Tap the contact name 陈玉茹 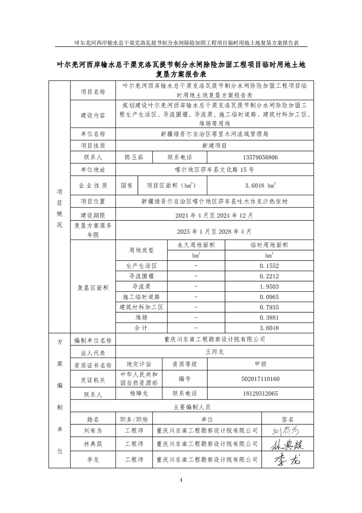(x=134, y=157)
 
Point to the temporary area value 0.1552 (x=269, y=266)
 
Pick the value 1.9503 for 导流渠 (x=269, y=286)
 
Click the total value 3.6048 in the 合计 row (x=269, y=328)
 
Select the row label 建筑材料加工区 (x=142, y=307)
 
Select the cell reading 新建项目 (x=215, y=145)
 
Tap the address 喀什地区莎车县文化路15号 (x=215, y=169)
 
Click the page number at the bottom (x=181, y=480)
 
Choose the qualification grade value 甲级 (x=260, y=364)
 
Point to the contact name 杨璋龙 (x=139, y=393)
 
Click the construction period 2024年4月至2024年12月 (x=215, y=215)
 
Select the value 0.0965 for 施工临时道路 (x=269, y=297)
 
